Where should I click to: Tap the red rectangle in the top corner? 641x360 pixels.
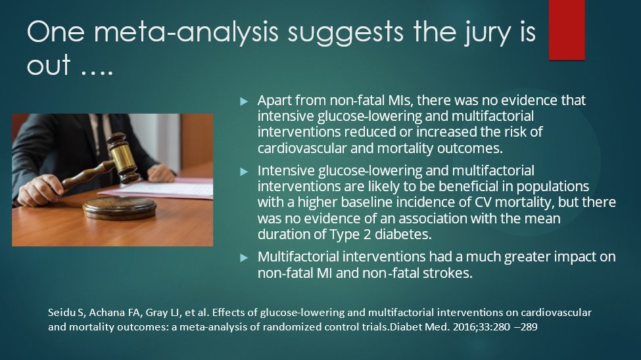(567, 30)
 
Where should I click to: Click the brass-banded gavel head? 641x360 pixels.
(123, 158)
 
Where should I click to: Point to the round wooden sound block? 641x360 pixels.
(120, 208)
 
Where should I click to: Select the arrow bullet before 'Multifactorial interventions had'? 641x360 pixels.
(244, 258)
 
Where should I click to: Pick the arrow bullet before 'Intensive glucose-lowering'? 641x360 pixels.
(244, 171)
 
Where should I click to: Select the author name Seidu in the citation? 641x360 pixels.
(59, 313)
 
